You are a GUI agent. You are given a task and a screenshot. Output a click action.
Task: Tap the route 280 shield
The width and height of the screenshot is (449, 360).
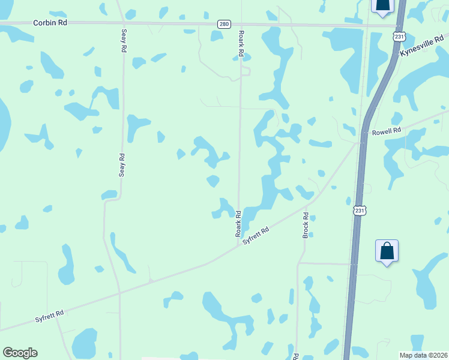(224, 24)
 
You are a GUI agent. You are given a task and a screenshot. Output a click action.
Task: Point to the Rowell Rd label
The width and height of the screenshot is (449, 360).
(386, 131)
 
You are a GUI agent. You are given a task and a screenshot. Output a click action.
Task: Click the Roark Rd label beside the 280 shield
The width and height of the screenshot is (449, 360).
(241, 44)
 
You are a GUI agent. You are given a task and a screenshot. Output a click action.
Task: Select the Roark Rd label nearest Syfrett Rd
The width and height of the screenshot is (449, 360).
(238, 222)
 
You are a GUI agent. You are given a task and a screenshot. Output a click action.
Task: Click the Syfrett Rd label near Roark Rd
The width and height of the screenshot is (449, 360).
(256, 235)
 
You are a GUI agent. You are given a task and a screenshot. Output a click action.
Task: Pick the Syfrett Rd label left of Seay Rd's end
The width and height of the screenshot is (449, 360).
(49, 316)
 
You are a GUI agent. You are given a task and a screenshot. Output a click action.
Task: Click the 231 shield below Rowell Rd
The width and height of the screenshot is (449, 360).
(358, 211)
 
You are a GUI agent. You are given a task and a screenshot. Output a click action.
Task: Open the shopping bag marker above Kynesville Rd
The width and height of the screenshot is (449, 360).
(382, 5)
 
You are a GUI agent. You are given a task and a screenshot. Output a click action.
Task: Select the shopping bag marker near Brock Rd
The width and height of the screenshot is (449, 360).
(387, 251)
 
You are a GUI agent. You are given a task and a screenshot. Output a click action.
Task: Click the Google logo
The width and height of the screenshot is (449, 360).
(20, 353)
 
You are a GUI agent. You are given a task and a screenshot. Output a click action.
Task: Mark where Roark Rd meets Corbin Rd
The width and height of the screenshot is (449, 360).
(241, 24)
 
